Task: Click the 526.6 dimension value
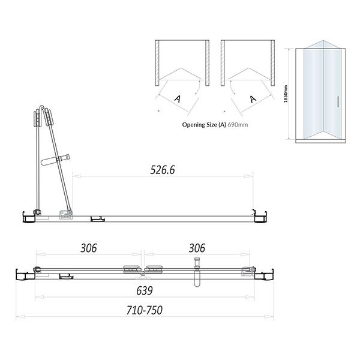point(163,170)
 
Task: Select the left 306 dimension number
point(89,248)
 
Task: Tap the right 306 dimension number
point(197,248)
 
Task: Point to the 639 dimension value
point(145,290)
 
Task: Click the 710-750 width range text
point(145,310)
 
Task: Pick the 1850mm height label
point(286,94)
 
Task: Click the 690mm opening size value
point(238,125)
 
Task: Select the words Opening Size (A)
point(204,125)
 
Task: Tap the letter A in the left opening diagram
point(177,99)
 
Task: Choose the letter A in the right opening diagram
point(253,99)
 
